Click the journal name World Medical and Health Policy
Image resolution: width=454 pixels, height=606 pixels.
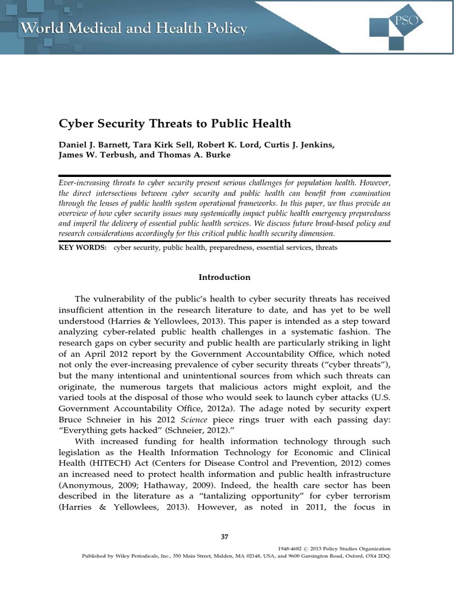(133, 28)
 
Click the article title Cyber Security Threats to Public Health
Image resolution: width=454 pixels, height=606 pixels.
(174, 123)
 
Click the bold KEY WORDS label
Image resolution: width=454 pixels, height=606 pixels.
(82, 248)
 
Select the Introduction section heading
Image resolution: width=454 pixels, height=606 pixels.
(224, 277)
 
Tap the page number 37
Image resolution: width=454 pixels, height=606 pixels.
(224, 536)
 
